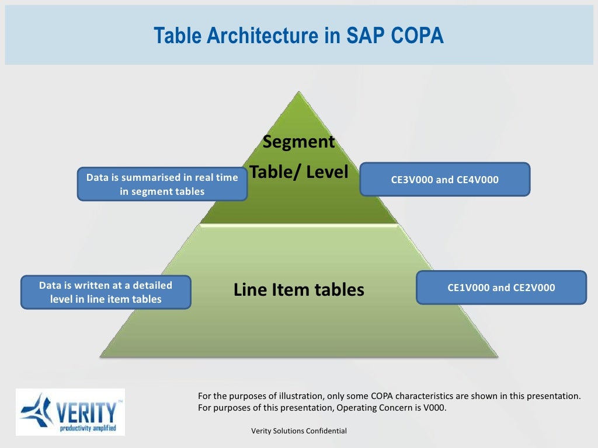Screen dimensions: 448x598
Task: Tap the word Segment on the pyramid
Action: [x=298, y=142]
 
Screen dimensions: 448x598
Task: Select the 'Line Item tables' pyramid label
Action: [x=298, y=289]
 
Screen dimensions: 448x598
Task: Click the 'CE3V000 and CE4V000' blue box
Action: [x=444, y=179]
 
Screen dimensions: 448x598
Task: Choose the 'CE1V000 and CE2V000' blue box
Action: [x=501, y=287]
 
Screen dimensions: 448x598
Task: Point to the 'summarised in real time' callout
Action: [x=162, y=184]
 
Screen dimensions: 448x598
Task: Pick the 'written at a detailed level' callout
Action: [x=106, y=292]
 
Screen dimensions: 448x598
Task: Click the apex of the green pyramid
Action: [x=299, y=93]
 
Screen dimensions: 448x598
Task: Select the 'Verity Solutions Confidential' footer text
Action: [x=298, y=431]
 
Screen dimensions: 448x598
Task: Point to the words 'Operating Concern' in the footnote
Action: [x=370, y=408]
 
